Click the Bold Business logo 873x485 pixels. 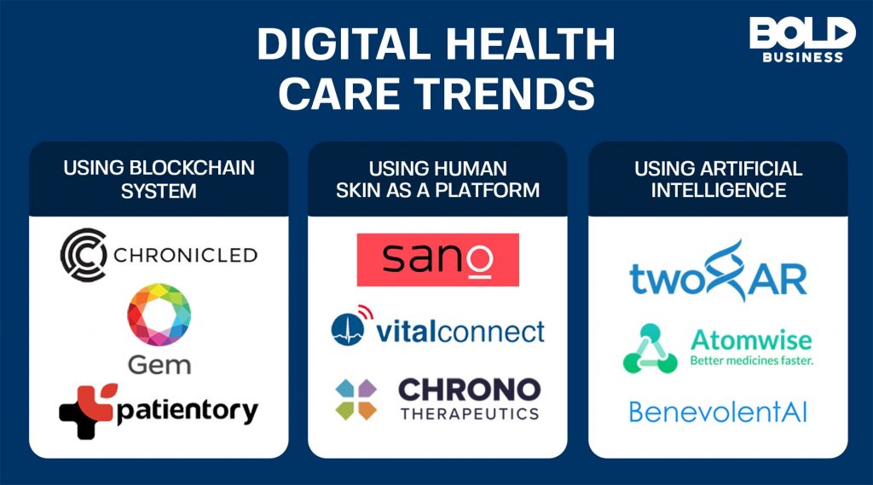(801, 39)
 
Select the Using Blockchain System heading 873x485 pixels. (159, 179)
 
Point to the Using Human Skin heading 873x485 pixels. (437, 179)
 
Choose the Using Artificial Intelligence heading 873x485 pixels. (718, 179)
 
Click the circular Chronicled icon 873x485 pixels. (84, 255)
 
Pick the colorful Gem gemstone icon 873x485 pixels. (159, 315)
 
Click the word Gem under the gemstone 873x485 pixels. (159, 366)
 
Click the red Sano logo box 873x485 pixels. (437, 259)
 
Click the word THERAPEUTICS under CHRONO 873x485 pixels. (469, 413)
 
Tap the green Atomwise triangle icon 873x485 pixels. (650, 348)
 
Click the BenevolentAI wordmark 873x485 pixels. (718, 413)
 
